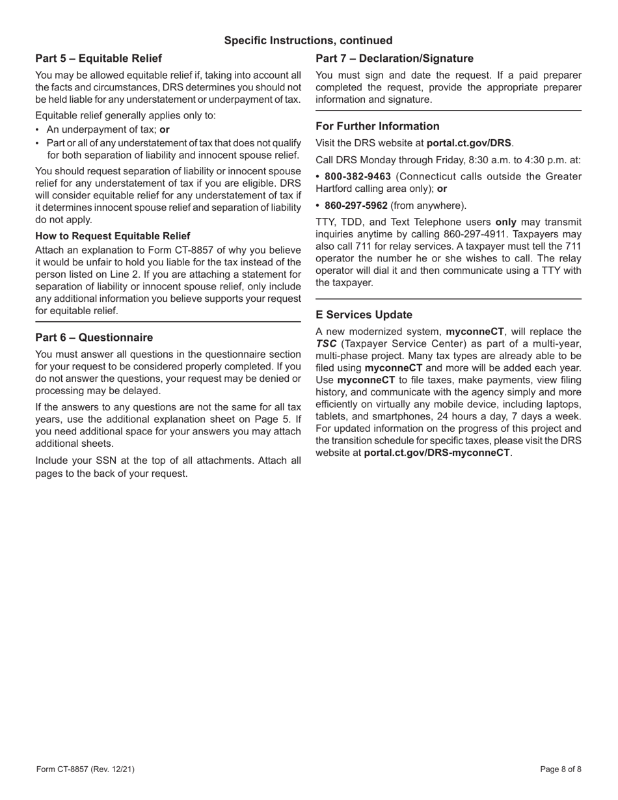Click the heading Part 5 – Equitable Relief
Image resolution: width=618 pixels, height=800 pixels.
pyautogui.click(x=98, y=59)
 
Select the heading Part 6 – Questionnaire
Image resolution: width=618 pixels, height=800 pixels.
pyautogui.click(x=94, y=338)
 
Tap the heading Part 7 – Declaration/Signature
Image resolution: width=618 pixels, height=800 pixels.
pyautogui.click(x=394, y=59)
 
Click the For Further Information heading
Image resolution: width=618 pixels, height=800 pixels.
pyautogui.click(x=377, y=126)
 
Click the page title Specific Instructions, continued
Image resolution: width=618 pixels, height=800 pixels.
pyautogui.click(x=308, y=40)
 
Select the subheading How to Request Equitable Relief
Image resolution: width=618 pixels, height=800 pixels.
pyautogui.click(x=113, y=235)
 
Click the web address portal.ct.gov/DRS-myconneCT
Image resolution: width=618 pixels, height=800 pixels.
pyautogui.click(x=437, y=453)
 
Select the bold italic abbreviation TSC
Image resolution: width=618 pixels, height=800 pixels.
pyautogui.click(x=326, y=343)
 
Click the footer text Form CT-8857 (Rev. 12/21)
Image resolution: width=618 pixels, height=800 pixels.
pyautogui.click(x=85, y=769)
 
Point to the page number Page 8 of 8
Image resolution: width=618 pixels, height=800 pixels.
pyautogui.click(x=561, y=769)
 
